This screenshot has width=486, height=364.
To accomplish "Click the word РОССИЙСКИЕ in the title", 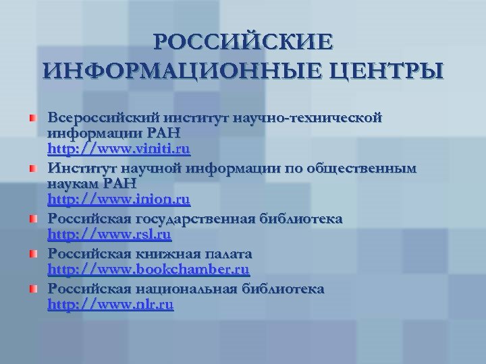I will coord(243,42).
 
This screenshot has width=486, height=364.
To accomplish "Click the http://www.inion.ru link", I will coord(119,200).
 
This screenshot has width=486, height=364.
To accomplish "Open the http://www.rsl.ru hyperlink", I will coord(109,235).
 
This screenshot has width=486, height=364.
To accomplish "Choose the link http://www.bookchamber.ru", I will coord(148,270).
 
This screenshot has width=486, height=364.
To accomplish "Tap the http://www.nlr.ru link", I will coord(111,305).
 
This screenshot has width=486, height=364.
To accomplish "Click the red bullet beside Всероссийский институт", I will coord(31,119).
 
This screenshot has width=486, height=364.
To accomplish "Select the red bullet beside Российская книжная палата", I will coord(31,255).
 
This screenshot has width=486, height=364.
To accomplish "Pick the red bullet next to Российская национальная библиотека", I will coord(31,290).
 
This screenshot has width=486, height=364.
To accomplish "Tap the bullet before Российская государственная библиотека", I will coord(31,220).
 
